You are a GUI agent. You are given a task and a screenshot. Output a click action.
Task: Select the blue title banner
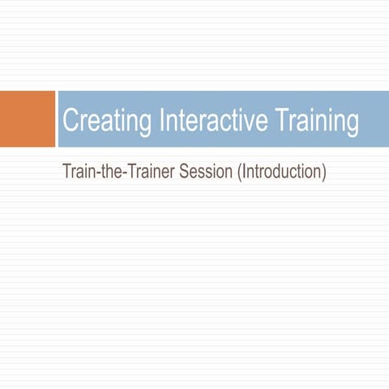pos(222,119)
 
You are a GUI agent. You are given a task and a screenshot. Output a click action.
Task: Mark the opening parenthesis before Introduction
pos(241,173)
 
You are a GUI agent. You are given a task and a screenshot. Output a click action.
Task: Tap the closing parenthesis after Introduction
pos(323,173)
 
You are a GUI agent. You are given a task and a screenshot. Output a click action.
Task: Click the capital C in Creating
pos(71,121)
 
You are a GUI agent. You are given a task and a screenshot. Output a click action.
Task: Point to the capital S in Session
pos(191,173)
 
